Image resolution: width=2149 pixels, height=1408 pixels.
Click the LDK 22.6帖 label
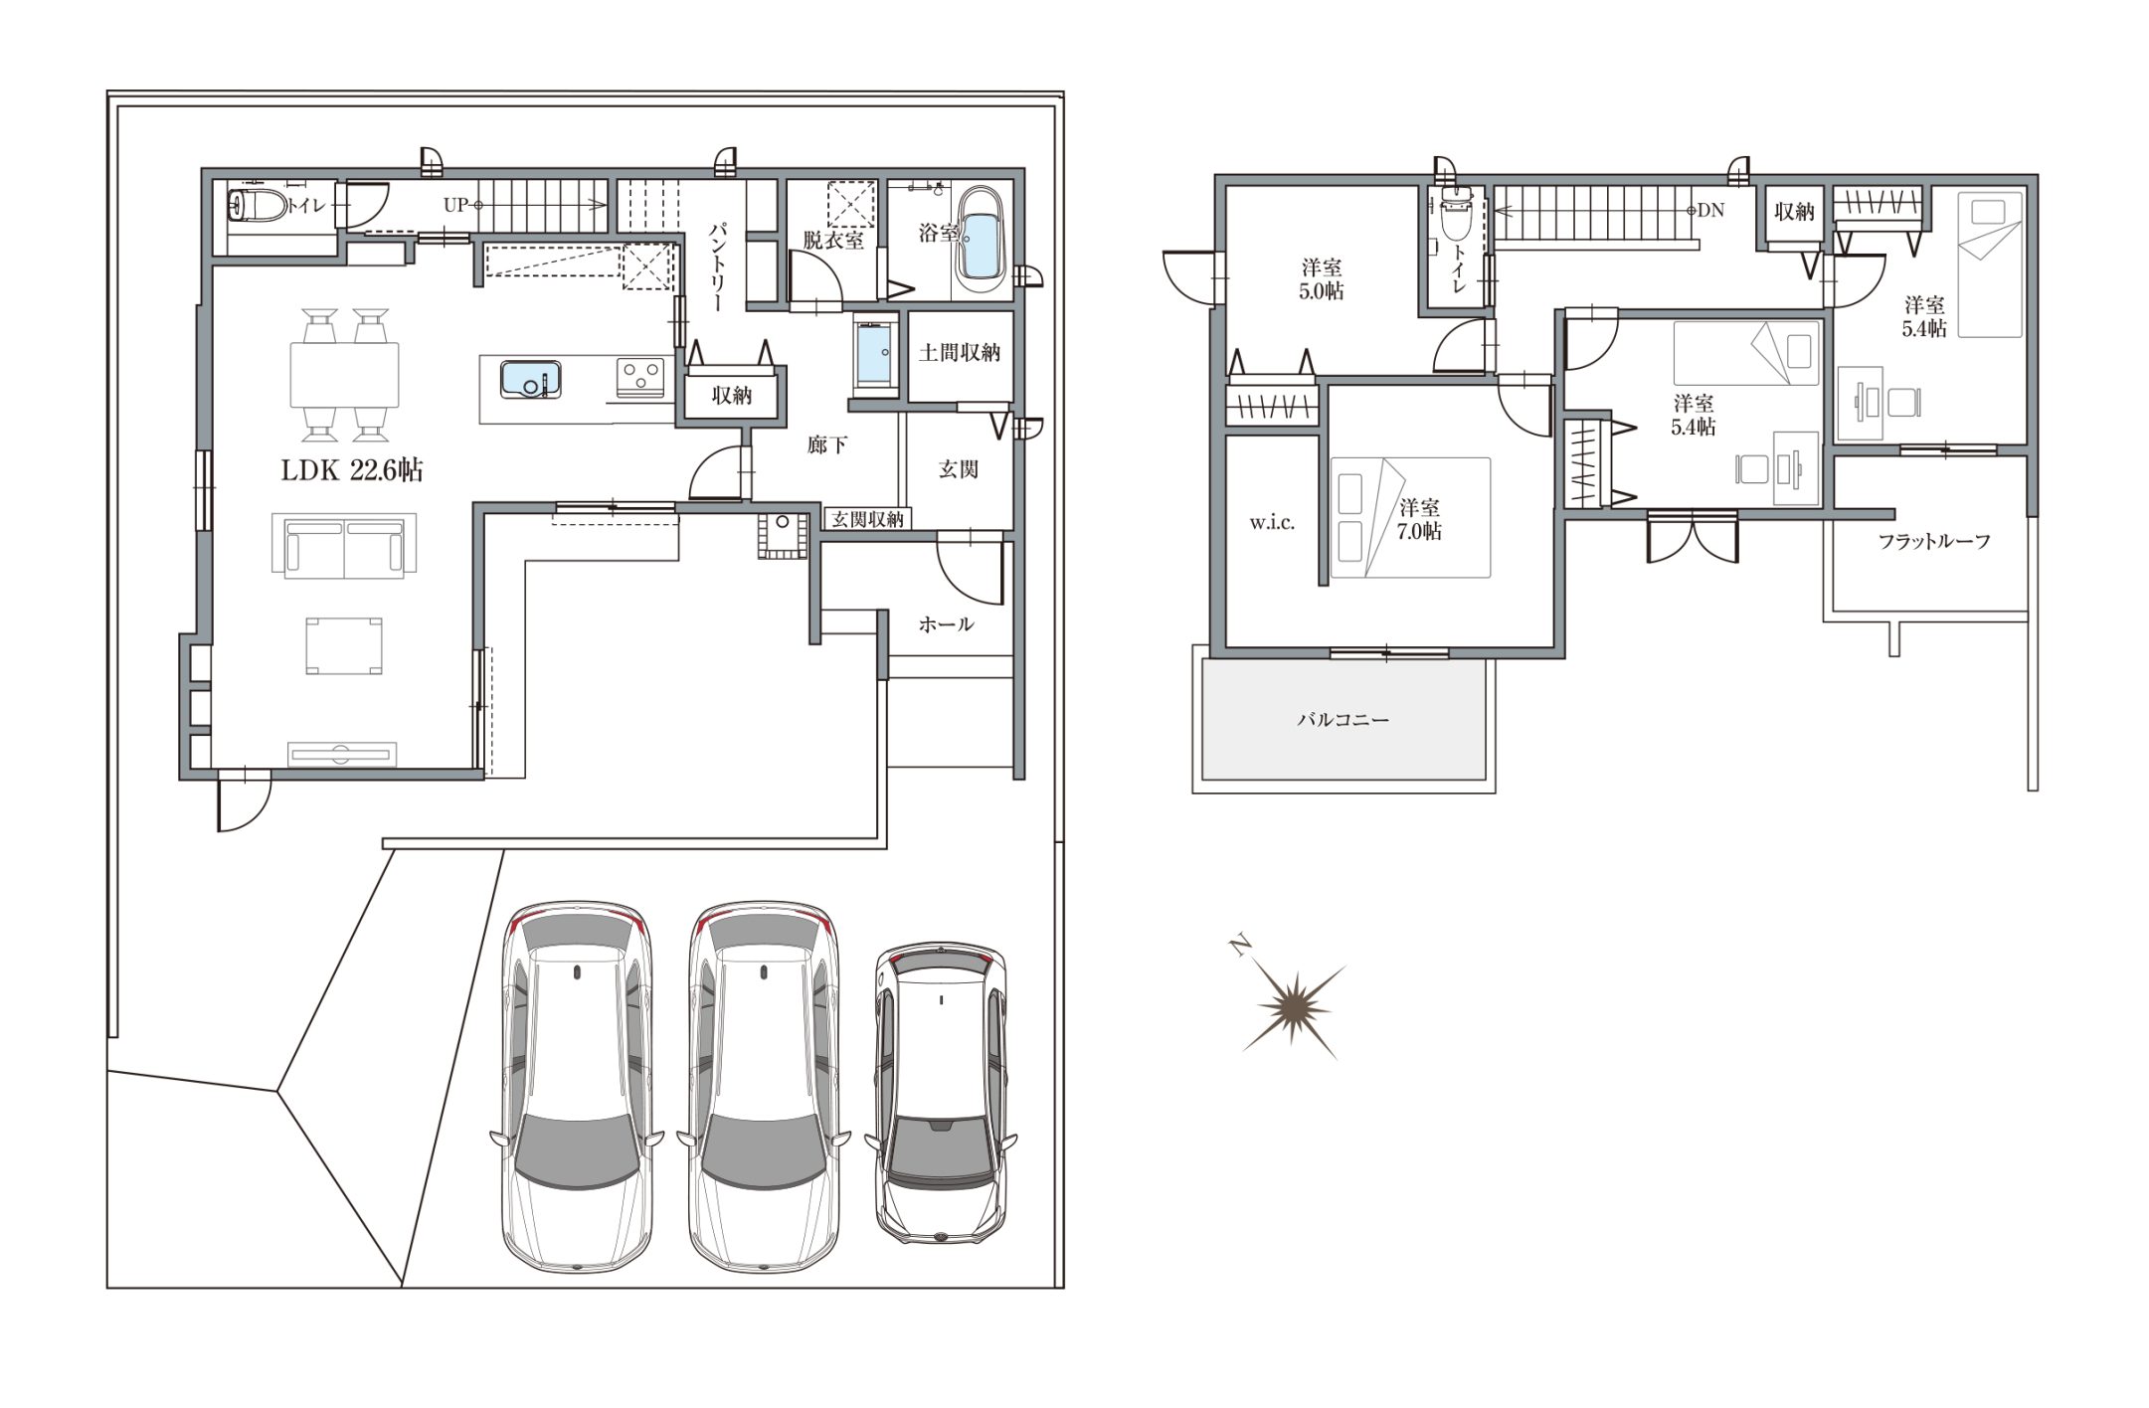(351, 470)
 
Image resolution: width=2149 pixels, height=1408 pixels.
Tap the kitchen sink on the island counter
(531, 379)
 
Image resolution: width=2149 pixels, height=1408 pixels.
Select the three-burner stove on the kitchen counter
(640, 375)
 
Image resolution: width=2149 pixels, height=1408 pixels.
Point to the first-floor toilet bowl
(255, 206)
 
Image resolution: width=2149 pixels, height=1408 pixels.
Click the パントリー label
(718, 265)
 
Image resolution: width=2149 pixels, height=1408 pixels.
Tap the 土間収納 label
(959, 353)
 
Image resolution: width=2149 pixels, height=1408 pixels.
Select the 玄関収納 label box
(867, 518)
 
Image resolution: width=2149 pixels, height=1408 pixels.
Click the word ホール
(946, 624)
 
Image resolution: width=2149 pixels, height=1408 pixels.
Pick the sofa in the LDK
(344, 545)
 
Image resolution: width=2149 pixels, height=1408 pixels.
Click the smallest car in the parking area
(941, 1093)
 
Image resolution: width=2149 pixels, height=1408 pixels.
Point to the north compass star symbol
(1293, 1006)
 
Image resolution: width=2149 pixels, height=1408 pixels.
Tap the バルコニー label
(1343, 719)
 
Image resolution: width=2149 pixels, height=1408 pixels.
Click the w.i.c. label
(1272, 523)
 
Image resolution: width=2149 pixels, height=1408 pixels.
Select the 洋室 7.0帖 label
(1419, 519)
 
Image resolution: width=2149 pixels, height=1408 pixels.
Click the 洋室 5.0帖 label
(1322, 279)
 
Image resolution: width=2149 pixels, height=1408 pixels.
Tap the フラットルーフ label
(1934, 542)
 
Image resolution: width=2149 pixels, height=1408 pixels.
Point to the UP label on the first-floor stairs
(455, 205)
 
